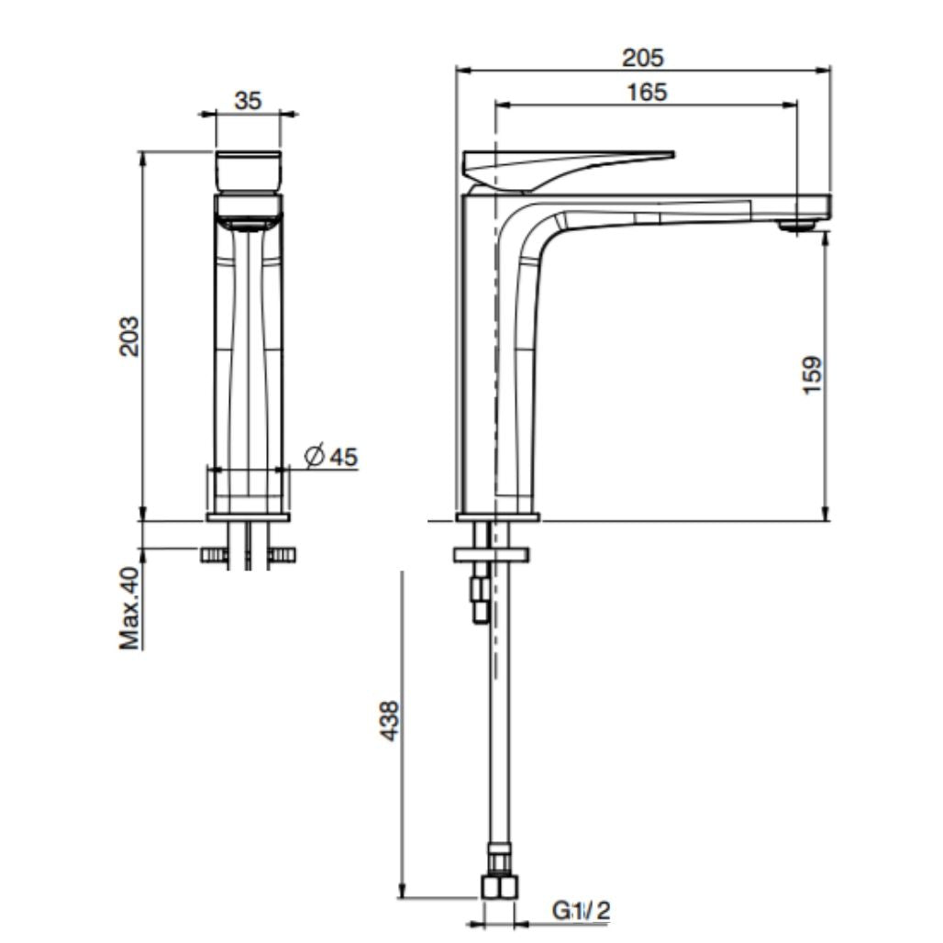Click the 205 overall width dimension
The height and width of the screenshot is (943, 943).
tap(642, 57)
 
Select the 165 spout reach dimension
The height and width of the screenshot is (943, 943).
tap(648, 92)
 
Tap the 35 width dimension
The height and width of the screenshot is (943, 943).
tap(247, 101)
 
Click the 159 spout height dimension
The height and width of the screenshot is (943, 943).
tap(812, 375)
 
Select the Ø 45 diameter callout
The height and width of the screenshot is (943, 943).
tap(330, 456)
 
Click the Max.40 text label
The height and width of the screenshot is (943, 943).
tap(130, 608)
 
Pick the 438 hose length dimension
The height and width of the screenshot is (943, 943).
tap(389, 721)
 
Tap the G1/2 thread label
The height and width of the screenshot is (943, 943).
tap(581, 911)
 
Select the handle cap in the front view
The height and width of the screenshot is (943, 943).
tap(249, 170)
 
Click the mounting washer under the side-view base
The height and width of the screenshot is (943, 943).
tap(492, 554)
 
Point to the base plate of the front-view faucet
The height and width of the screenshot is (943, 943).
tap(249, 517)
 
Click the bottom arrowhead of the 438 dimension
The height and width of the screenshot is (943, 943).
tap(402, 892)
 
